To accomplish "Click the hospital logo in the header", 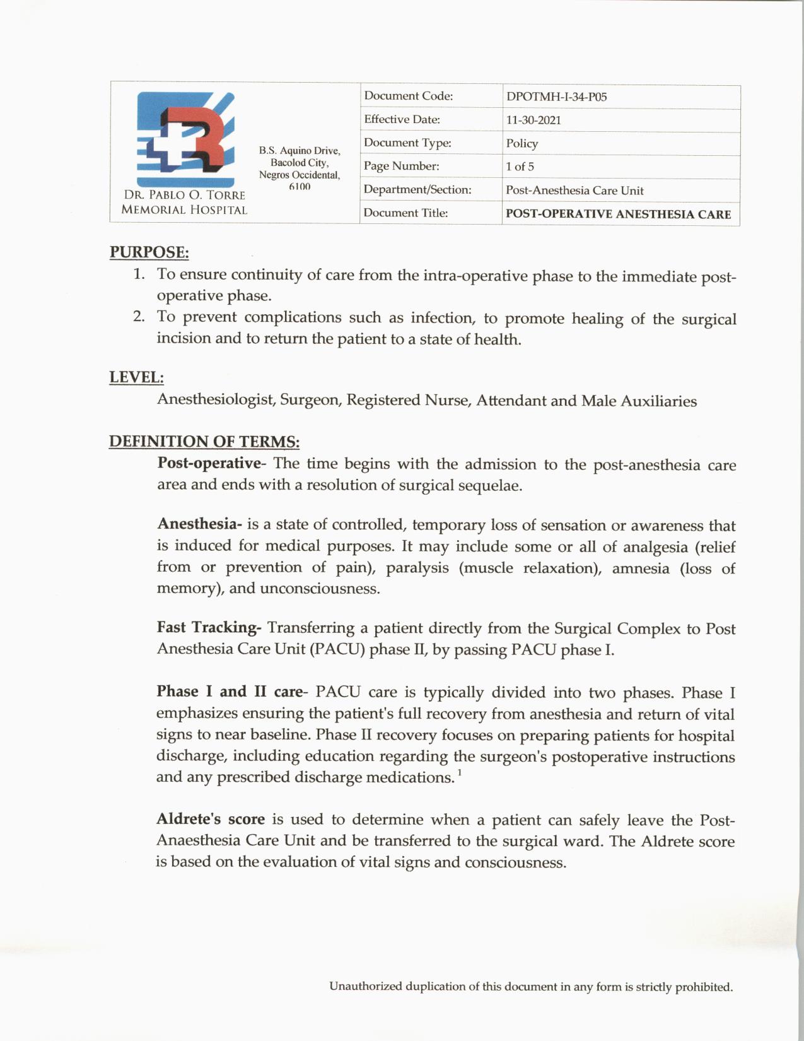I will pos(185,139).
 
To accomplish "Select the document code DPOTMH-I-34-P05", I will pos(556,97).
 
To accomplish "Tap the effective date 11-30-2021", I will pos(533,121).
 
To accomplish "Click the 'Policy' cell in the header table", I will pos(522,144).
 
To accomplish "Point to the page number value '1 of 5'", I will pos(520,167).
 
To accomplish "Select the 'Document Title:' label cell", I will pos(405,213).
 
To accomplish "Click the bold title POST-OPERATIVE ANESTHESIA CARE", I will pos(618,215).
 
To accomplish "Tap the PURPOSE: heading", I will pos(149,252).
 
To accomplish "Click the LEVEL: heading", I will pos(137,377).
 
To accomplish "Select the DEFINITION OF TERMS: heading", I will pos(204,442).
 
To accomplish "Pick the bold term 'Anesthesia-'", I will pos(199,524).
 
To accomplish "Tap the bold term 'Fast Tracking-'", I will pos(209,628).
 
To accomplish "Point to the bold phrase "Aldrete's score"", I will pos(211,820).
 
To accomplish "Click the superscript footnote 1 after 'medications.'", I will pos(460,772).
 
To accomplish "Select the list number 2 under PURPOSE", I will pos(139,317).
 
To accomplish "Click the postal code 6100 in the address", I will pos(300,187).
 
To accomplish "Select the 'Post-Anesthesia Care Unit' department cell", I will pos(574,191).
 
